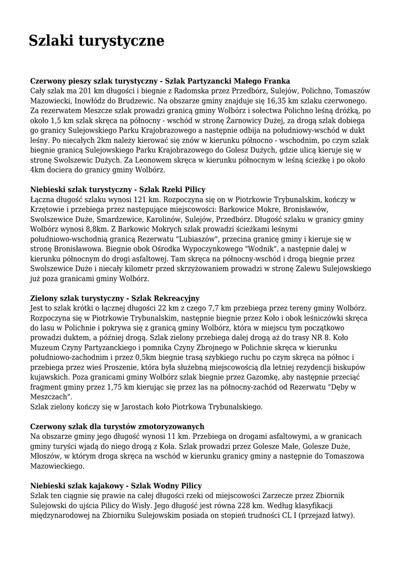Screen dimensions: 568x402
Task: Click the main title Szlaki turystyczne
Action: tap(97, 40)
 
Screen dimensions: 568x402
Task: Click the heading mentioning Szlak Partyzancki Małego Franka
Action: tap(161, 80)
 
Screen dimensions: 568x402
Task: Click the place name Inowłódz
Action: tap(94, 100)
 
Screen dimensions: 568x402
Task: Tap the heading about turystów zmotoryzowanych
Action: tap(118, 427)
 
